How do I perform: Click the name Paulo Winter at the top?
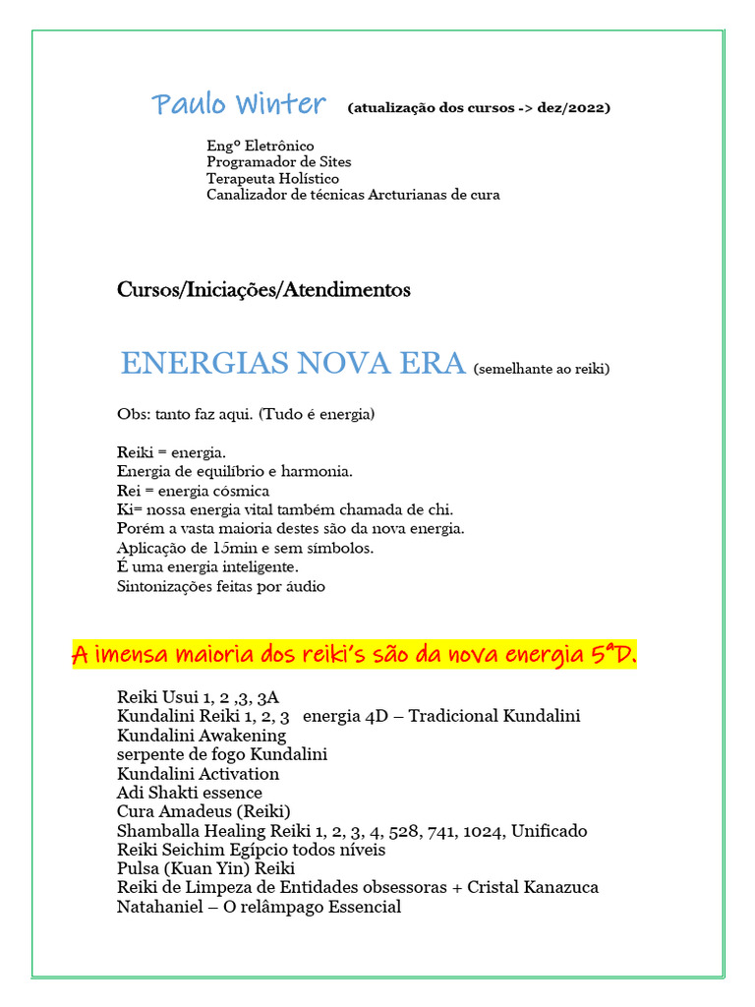238,104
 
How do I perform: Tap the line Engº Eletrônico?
260,146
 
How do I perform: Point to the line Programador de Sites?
278,161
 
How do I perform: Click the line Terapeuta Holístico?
272,178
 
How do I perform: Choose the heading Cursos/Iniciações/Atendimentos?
263,290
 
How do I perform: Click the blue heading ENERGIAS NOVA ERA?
292,364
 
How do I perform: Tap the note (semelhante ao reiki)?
542,370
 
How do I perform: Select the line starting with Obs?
245,415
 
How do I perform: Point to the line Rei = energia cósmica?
193,491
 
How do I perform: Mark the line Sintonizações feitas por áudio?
220,586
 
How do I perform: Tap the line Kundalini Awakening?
202,735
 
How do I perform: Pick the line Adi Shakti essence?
190,793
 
